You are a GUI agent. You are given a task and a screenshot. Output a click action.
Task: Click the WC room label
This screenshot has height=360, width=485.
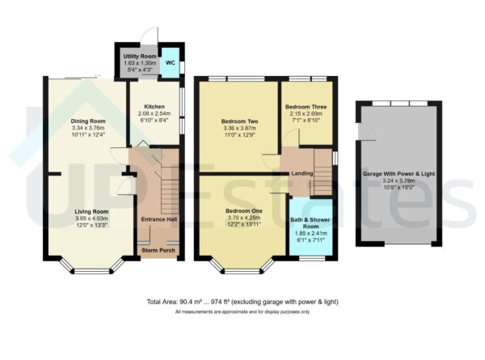pyautogui.click(x=170, y=62)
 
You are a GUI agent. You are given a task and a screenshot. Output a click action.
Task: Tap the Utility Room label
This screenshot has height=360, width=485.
pyautogui.click(x=140, y=56)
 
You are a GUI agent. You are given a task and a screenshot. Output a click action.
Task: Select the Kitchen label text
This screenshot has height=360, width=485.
pyautogui.click(x=154, y=107)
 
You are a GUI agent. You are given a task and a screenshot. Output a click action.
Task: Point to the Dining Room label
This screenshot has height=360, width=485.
pyautogui.click(x=83, y=121)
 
